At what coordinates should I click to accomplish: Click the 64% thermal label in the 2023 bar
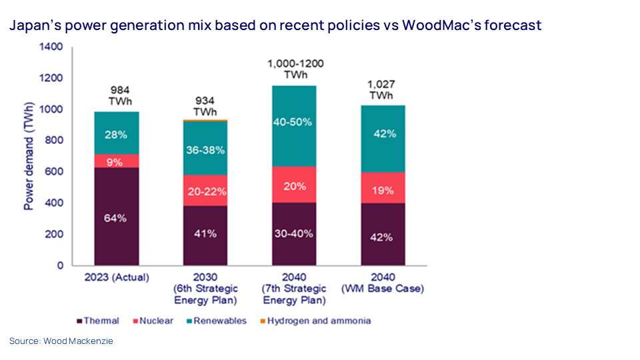click(x=116, y=219)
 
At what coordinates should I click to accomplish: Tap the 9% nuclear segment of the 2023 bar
click(x=116, y=161)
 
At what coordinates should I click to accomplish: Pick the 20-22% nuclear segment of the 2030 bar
click(x=205, y=191)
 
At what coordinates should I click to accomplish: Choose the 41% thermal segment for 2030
click(x=205, y=234)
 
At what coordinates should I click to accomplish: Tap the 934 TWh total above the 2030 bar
click(x=205, y=105)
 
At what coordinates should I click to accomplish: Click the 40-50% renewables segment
click(x=294, y=123)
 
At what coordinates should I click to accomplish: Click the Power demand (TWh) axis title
click(x=29, y=157)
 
